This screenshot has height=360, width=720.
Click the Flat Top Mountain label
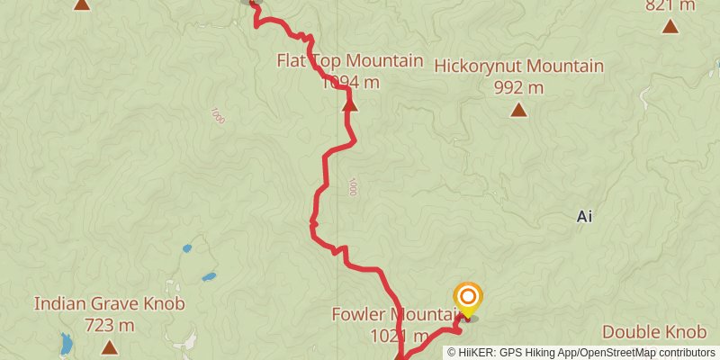click(349, 61)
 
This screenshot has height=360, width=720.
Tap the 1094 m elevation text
click(349, 82)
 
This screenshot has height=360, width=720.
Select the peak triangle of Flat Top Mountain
click(349, 105)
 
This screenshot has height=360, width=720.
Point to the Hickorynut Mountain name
click(518, 67)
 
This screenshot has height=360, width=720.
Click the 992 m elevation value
click(518, 87)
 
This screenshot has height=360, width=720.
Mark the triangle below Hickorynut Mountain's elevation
click(518, 111)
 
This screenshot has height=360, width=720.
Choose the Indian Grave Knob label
click(110, 304)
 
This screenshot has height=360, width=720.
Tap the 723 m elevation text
click(110, 325)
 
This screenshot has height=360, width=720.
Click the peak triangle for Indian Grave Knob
click(110, 347)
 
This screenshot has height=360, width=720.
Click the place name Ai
click(584, 217)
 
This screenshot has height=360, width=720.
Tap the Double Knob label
click(660, 332)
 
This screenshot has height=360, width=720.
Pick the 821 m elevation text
click(670, 5)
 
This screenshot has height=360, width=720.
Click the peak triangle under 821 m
click(670, 25)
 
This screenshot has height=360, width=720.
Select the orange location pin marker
click(468, 298)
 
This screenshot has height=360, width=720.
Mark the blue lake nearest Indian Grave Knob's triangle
click(67, 343)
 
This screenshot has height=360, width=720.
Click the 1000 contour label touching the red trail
click(351, 187)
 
